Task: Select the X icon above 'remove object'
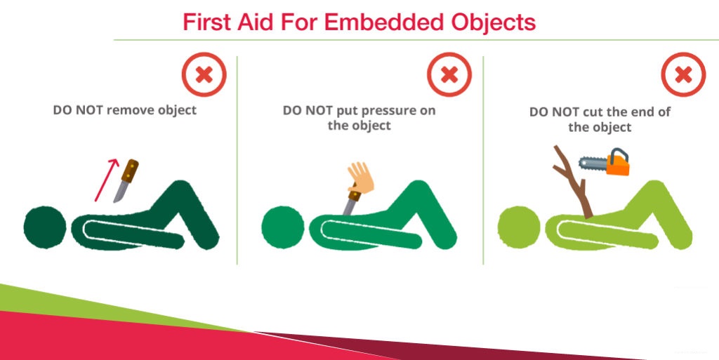click(204, 74)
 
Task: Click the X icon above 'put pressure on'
click(449, 74)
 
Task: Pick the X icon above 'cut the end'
click(684, 74)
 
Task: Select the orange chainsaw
click(605, 164)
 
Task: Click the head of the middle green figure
click(282, 227)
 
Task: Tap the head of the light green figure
click(519, 227)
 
